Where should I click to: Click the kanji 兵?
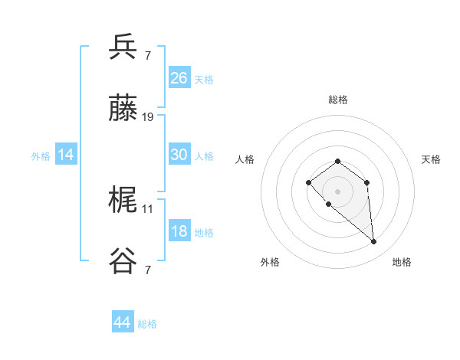pos(123,47)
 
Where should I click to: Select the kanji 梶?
pos(123,201)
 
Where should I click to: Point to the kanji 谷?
pos(123,263)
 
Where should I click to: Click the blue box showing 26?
pos(179,78)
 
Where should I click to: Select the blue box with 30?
pos(179,155)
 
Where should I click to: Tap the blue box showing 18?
pos(179,231)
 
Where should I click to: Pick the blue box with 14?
pos(66,155)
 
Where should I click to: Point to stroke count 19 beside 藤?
pos(148,117)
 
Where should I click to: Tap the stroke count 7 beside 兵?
pos(147,55)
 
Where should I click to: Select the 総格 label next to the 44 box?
pos(148,324)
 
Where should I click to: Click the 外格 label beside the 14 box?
pos(41,155)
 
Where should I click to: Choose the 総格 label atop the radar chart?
pos(337,100)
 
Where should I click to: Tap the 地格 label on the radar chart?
pos(402,262)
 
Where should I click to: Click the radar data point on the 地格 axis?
pos(374,242)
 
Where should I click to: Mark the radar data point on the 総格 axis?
pos(337,161)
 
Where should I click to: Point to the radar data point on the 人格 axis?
pos(308,182)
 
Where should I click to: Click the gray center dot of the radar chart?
pos(337,191)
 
